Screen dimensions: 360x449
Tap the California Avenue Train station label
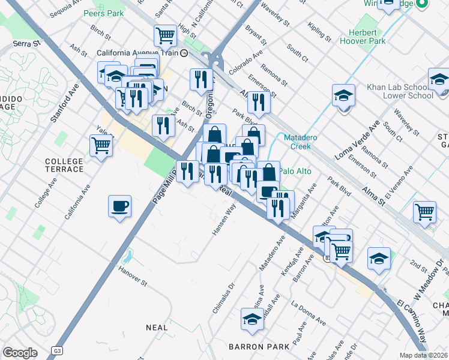[x=139, y=53]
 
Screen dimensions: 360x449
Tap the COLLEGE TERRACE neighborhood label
[x=64, y=165]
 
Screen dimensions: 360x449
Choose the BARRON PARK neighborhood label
[x=251, y=347]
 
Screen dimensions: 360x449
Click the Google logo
[x=20, y=353]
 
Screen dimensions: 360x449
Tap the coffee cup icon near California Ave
[x=119, y=207]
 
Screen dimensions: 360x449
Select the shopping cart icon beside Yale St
[x=101, y=145]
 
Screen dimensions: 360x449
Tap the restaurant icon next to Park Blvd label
[x=259, y=102]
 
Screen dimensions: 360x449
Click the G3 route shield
[x=57, y=350]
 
